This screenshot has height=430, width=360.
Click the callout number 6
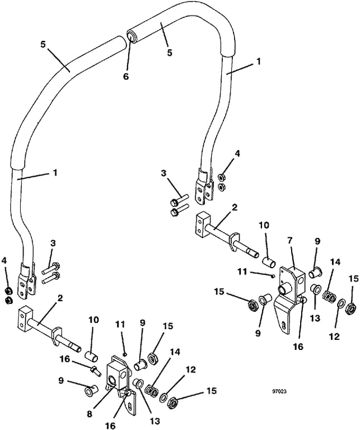pyautogui.click(x=125, y=77)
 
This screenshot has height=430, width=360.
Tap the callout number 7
pyautogui.click(x=291, y=241)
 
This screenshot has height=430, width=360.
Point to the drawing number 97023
pyautogui.click(x=280, y=391)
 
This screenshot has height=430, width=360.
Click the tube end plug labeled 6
pyautogui.click(x=132, y=36)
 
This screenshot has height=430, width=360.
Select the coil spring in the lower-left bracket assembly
pyautogui.click(x=151, y=390)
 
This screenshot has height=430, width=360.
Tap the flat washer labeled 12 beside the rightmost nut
pyautogui.click(x=340, y=304)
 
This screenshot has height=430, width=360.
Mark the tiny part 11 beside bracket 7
pyautogui.click(x=272, y=277)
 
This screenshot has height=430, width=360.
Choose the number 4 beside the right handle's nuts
pyautogui.click(x=237, y=153)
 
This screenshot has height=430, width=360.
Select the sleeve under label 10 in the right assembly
pyautogui.click(x=269, y=261)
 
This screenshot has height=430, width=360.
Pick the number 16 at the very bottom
pyautogui.click(x=111, y=426)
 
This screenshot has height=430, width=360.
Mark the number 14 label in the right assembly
pyautogui.click(x=335, y=262)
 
